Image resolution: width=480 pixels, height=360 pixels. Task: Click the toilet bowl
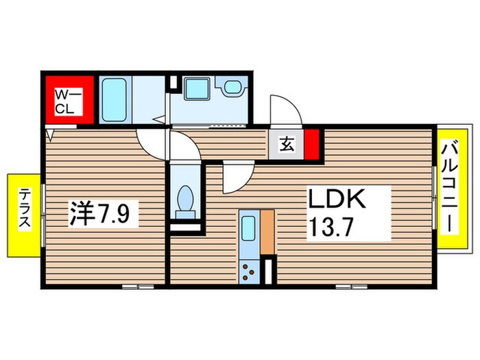click(x=185, y=201)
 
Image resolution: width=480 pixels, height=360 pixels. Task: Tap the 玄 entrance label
click(x=286, y=145)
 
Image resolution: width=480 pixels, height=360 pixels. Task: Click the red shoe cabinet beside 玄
click(x=312, y=144)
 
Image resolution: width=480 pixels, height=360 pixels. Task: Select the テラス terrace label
click(x=23, y=212)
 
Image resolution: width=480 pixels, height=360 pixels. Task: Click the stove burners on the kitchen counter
click(x=248, y=271)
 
